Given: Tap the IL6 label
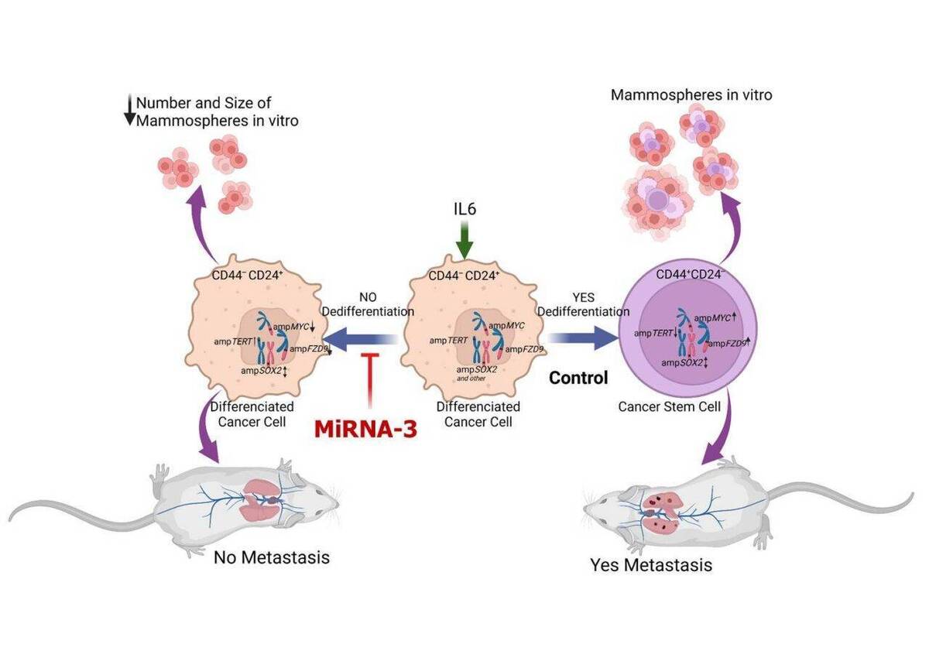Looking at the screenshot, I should pyautogui.click(x=463, y=209).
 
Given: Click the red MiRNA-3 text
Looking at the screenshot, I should pyautogui.click(x=365, y=428).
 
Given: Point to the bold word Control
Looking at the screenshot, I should pyautogui.click(x=578, y=379).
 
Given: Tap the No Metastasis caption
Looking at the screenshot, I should pyautogui.click(x=271, y=557).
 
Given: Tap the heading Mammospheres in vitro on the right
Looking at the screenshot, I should pyautogui.click(x=691, y=95).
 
